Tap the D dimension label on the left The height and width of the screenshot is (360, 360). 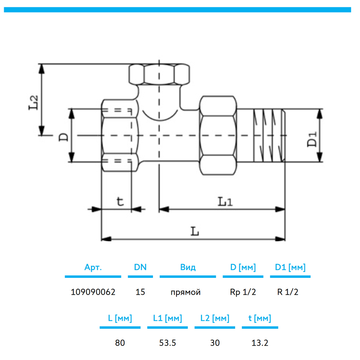coord(63,136)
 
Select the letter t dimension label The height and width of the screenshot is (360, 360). coord(120,201)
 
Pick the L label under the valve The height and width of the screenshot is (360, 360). coord(194,231)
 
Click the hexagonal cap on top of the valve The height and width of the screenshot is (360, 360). coord(159,74)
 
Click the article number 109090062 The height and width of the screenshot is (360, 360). coord(93,292)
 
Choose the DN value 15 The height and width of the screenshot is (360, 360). coord(140,292)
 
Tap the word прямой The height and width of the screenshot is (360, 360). coord(185,292)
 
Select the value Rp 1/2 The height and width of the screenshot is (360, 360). coord(243,292)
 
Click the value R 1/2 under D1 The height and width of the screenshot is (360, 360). coord(288,292)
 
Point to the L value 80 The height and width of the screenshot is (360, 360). coord(120,343)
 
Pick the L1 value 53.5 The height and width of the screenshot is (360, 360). coord(167,343)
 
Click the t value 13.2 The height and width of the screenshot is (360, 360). coord(260,343)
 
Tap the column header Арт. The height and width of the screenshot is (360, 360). coord(93,267)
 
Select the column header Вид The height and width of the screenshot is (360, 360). coord(188,267)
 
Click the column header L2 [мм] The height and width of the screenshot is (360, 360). coord(215,319)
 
